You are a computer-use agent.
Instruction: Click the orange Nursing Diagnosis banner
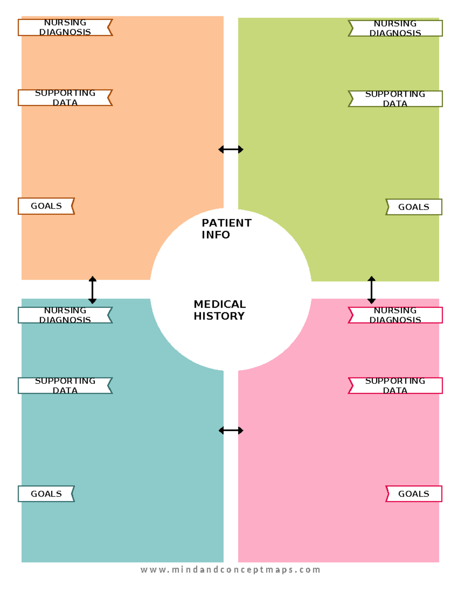65,27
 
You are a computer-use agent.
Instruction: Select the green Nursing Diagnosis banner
395,28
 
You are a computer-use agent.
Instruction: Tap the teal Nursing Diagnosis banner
65,315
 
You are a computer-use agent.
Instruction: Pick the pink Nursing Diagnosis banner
395,315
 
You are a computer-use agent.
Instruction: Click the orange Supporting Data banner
65,98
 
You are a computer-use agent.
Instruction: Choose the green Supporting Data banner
395,99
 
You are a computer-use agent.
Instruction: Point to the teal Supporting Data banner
65,385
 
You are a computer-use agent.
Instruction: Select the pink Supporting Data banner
395,385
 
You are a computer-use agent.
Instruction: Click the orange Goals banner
46,206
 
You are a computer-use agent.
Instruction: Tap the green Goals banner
414,207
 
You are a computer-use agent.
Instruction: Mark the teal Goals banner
46,494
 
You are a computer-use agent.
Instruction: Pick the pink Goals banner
414,494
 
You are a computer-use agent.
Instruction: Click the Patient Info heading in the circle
226,228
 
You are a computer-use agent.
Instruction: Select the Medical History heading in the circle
219,310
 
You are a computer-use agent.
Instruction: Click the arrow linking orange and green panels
231,149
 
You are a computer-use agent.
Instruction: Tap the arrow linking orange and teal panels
92,290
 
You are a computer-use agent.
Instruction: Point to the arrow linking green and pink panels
371,290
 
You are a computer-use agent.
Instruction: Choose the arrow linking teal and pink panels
231,430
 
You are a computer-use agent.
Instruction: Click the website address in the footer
230,570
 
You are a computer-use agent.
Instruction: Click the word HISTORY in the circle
219,316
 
